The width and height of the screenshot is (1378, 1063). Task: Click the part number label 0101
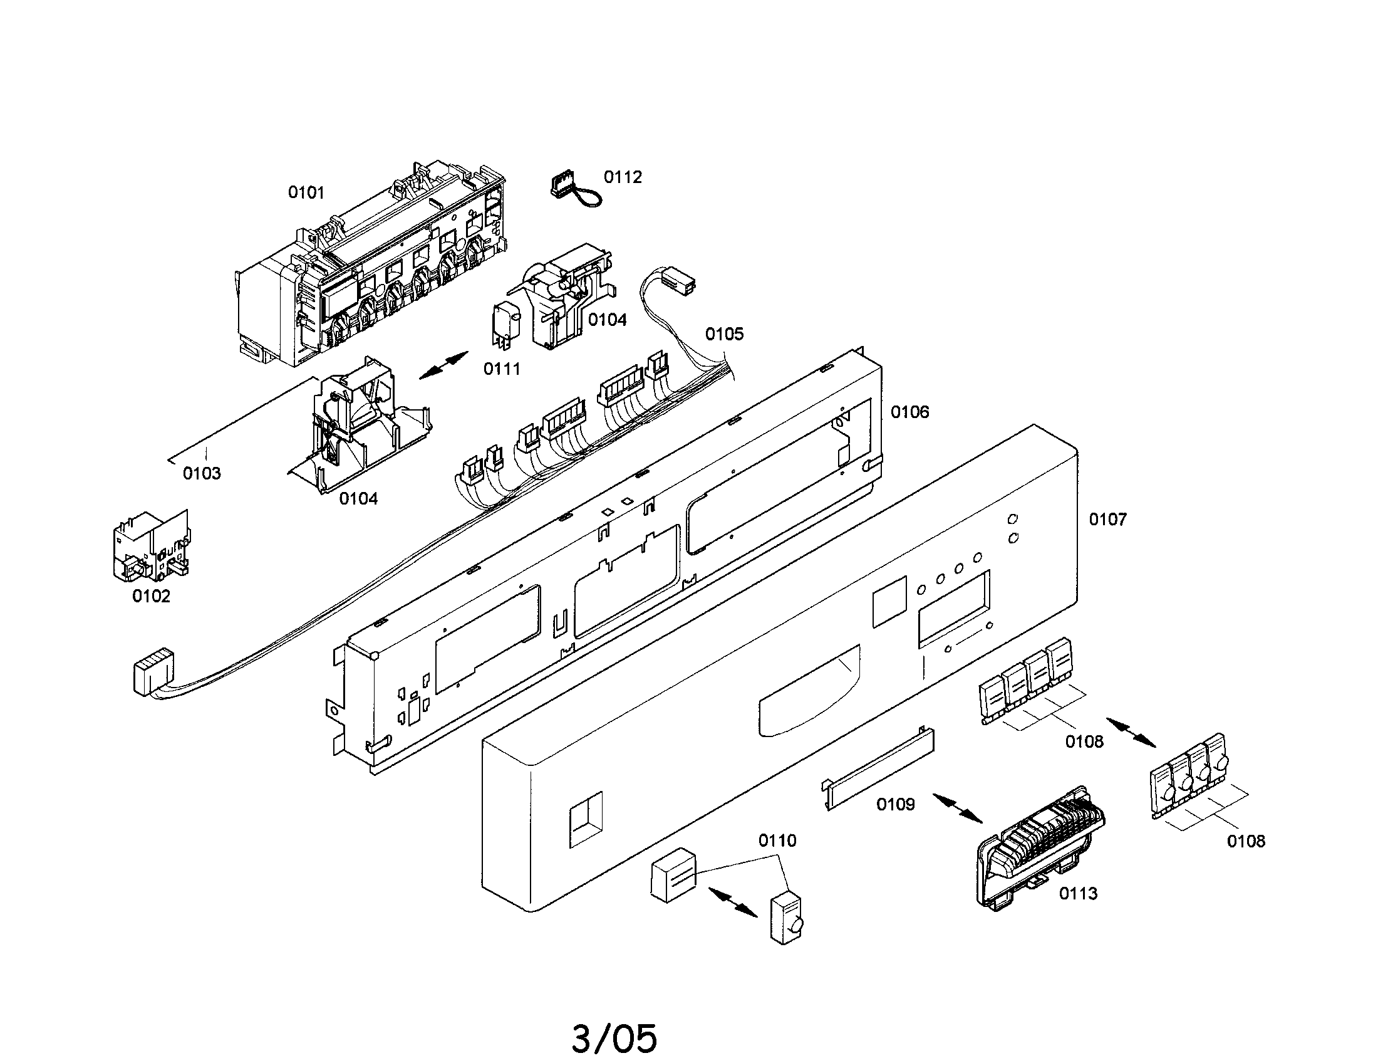(306, 192)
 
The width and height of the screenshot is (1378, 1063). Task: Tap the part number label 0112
(623, 177)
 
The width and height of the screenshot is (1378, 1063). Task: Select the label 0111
(502, 369)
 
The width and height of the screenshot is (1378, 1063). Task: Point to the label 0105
(724, 334)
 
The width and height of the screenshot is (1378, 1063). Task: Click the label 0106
(910, 412)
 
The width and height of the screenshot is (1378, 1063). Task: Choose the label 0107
(1108, 520)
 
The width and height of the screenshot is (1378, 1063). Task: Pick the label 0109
(895, 804)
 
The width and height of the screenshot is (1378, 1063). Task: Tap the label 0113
(1079, 893)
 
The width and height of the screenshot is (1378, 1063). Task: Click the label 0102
(151, 596)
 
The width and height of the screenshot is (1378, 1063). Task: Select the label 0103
(202, 473)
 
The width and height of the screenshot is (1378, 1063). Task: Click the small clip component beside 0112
(571, 190)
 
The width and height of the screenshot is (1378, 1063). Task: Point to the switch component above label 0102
(151, 547)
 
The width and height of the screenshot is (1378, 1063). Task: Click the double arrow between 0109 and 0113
(957, 809)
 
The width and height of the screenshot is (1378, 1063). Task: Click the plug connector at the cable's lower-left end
(152, 674)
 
